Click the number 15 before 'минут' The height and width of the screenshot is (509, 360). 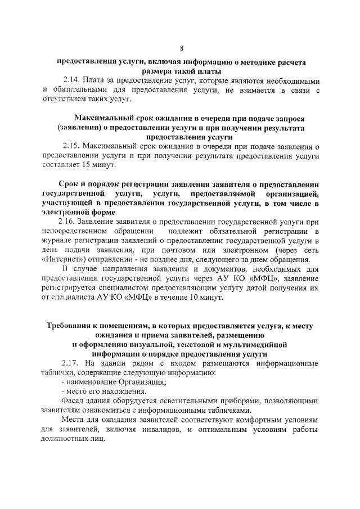tap(84, 166)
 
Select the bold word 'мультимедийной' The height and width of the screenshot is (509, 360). tap(253, 344)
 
